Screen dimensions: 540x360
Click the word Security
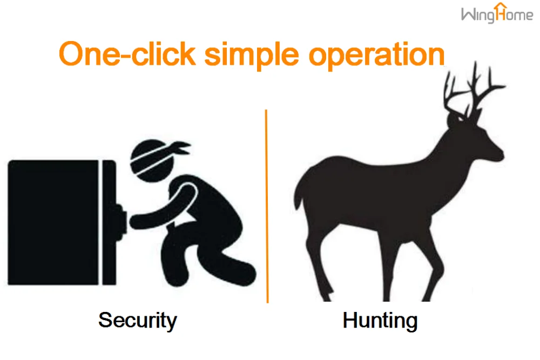[137, 320]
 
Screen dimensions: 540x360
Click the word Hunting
[380, 321]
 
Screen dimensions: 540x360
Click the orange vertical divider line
[267, 205]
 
